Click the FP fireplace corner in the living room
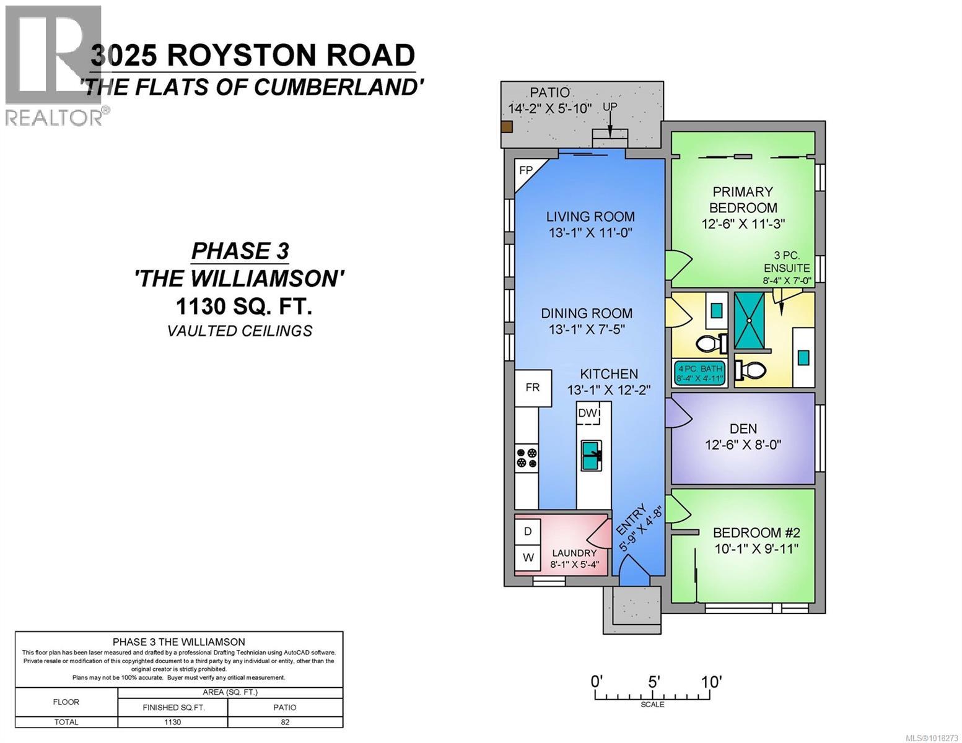526,171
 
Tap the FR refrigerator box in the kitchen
533,388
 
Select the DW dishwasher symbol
588,414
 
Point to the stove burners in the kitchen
527,458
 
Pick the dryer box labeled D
528,531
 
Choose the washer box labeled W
528,557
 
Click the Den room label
743,428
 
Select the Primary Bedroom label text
743,199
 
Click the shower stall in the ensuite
750,320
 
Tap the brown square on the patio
507,127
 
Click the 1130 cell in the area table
172,722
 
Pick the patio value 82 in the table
285,722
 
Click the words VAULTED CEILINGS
239,331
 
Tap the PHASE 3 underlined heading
240,251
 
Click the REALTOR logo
55,65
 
